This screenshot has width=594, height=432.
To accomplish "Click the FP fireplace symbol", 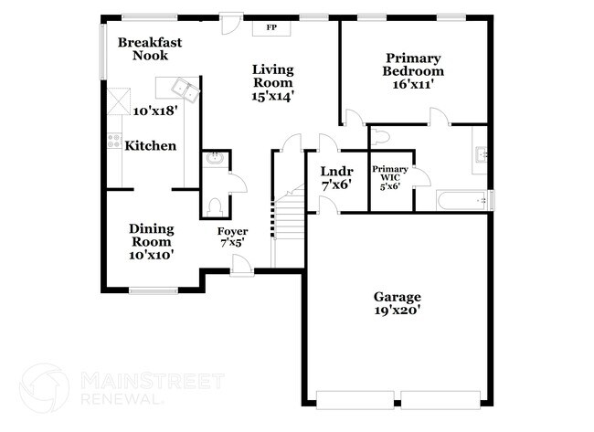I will tap(271, 27).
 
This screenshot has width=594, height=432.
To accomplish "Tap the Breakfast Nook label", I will tap(150, 48).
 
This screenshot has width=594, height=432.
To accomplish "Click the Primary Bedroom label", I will tap(413, 64).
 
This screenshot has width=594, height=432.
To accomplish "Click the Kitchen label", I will tap(151, 146).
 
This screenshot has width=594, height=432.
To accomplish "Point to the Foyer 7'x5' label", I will tap(232, 237).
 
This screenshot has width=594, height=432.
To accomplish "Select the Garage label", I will tap(398, 297).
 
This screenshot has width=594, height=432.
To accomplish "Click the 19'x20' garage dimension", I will tap(398, 311).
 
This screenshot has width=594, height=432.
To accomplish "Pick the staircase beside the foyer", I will tap(287, 219).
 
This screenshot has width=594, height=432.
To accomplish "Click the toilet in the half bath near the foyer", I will tap(213, 205).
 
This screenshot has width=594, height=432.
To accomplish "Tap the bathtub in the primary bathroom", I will tap(462, 200).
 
